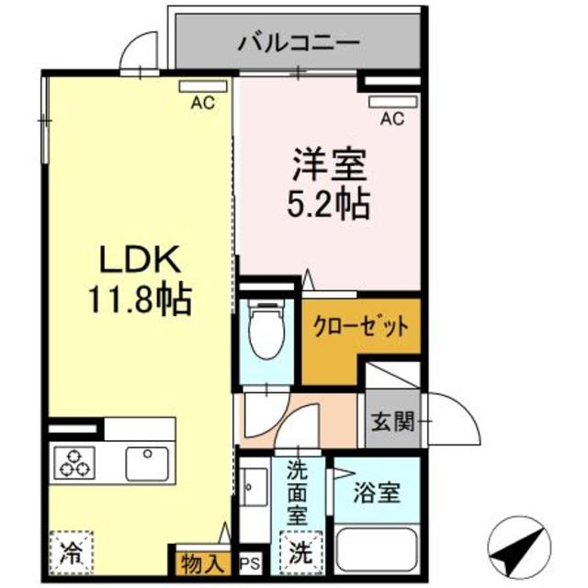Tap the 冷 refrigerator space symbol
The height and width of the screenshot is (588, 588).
coord(70,554)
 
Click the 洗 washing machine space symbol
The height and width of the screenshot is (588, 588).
coord(300,554)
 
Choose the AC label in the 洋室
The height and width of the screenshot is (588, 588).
coord(392,117)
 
